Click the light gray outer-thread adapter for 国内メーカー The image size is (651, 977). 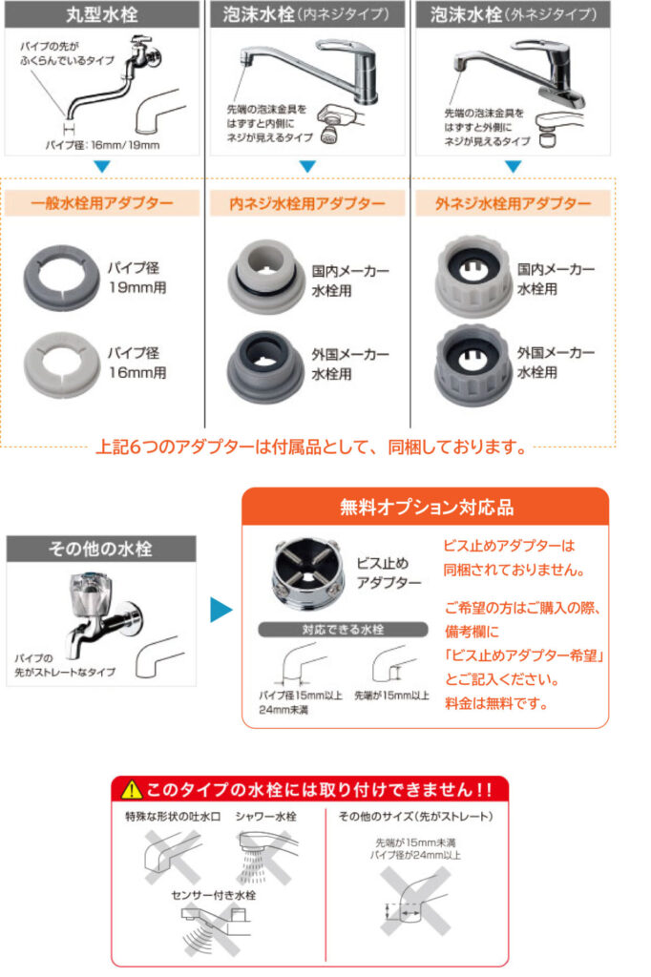[x=473, y=276]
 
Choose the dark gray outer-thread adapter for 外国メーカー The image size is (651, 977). [x=473, y=365]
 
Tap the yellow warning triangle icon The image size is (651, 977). [x=132, y=790]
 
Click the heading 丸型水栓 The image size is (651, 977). [x=101, y=14]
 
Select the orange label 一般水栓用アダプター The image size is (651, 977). [x=101, y=203]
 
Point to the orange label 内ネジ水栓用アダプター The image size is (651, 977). [x=307, y=203]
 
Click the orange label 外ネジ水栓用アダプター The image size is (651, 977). [x=514, y=203]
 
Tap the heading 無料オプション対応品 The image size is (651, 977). [x=427, y=508]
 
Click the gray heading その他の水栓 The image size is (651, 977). [x=100, y=549]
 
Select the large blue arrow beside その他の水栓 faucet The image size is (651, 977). [x=220, y=610]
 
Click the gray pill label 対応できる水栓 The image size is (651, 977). [x=343, y=630]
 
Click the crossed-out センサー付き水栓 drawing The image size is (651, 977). [x=215, y=928]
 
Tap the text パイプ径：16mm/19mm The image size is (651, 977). [x=103, y=145]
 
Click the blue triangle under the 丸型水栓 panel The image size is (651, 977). [x=101, y=167]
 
